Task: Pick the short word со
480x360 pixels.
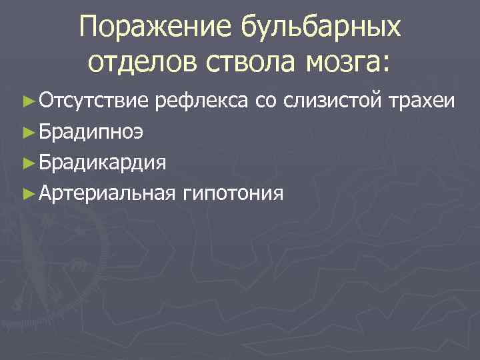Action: click(x=265, y=102)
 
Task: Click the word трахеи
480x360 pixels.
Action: click(x=424, y=102)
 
